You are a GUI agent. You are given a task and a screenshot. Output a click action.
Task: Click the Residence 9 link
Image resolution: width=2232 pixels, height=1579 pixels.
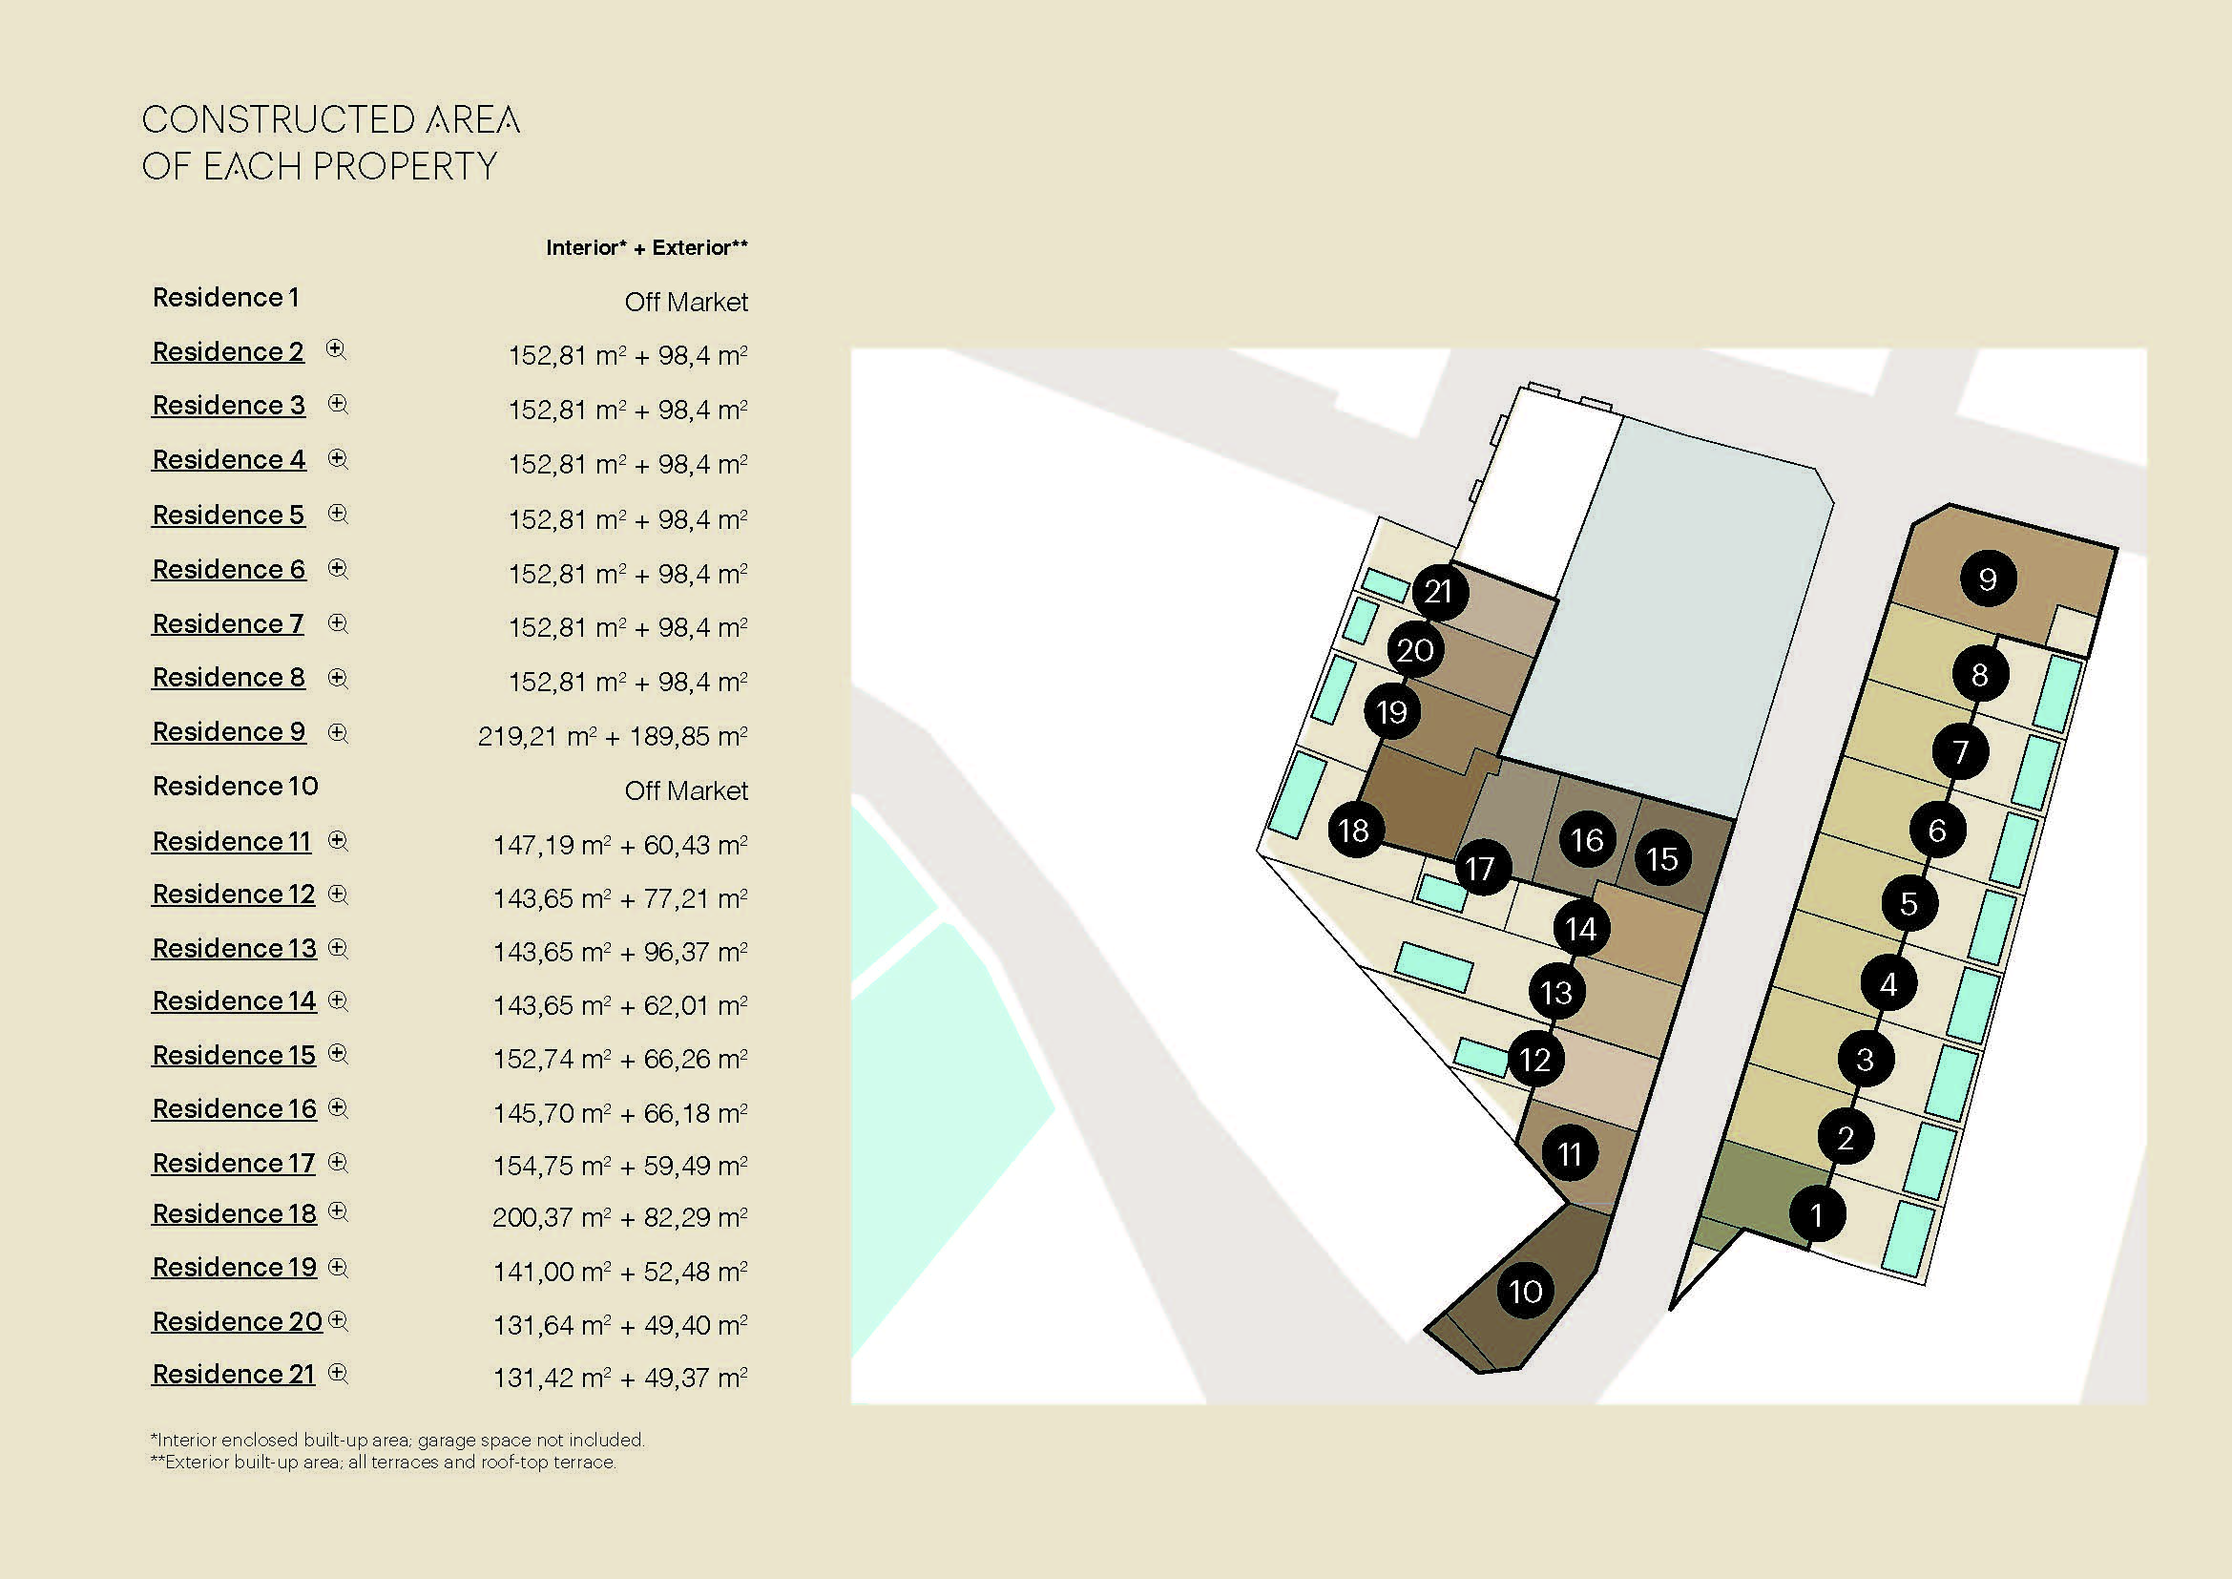coord(228,731)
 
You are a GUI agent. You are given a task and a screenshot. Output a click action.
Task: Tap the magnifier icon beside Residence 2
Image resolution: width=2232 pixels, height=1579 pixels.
coord(335,350)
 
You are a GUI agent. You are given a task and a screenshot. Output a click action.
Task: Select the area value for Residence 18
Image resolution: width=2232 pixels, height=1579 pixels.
coord(620,1217)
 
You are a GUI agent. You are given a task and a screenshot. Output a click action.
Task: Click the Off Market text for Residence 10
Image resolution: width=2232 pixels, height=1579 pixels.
coord(686,790)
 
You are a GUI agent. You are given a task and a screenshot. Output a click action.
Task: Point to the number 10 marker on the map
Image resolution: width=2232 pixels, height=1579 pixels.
coord(1525,1292)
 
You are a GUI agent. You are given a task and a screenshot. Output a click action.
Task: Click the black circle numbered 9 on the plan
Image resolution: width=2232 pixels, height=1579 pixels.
coord(1988,579)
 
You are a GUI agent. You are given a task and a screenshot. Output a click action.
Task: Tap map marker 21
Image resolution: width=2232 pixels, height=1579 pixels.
coord(1439,591)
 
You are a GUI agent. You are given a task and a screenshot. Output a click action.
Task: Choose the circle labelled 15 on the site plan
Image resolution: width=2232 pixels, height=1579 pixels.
coord(1662,858)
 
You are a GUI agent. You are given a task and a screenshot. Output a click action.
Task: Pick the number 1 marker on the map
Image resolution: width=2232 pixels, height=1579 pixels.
coord(1817,1214)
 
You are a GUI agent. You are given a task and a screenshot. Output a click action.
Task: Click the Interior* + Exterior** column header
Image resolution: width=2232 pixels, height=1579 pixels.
coord(646,248)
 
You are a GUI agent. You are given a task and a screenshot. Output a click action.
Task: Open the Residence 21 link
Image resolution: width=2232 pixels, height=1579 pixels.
coord(233,1374)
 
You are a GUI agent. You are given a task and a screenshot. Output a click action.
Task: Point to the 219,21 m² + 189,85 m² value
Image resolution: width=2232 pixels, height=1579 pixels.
coord(613,736)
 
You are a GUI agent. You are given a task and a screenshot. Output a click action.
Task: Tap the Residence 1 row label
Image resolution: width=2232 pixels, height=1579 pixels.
coord(225,297)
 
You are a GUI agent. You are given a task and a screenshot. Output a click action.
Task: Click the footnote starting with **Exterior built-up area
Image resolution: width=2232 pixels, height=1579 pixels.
coord(383,1462)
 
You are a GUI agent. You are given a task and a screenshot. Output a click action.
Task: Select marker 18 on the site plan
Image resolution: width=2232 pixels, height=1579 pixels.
coord(1354,831)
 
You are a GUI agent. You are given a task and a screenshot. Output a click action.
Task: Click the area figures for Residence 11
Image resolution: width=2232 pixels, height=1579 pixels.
coord(620,845)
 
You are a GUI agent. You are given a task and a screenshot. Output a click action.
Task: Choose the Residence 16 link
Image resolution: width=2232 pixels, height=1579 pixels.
coord(235,1108)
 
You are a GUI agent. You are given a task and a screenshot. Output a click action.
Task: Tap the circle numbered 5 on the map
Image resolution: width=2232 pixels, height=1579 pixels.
coord(1909,903)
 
